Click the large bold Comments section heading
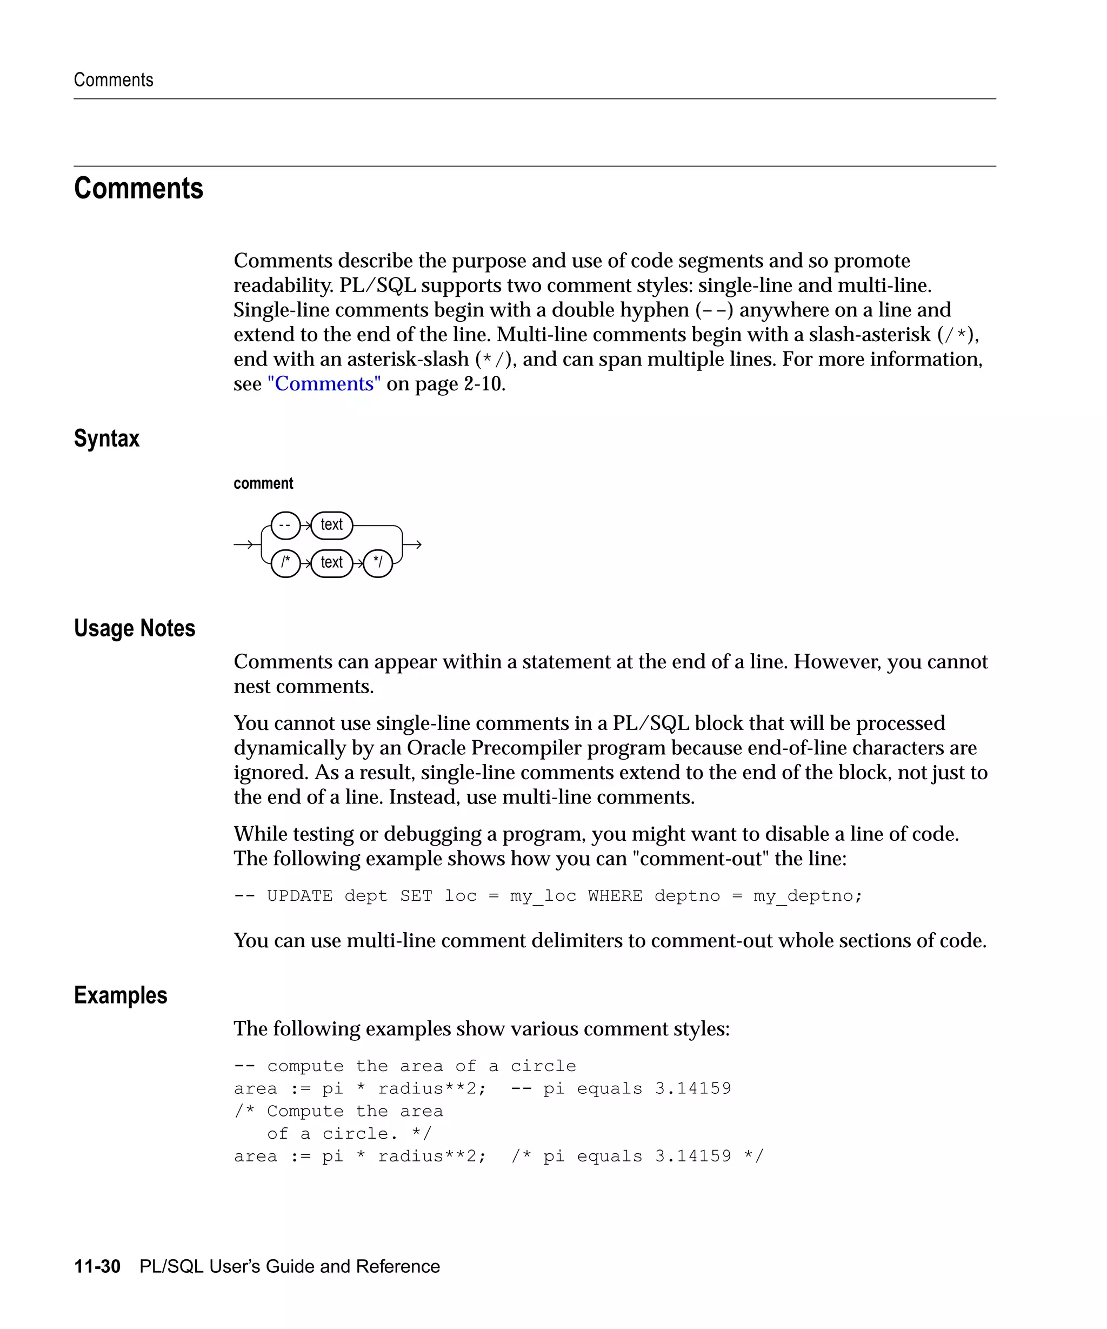[x=138, y=188]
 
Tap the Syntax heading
[x=106, y=438]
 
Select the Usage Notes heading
[x=134, y=628]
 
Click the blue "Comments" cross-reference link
[x=324, y=383]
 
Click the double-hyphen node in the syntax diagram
[x=285, y=525]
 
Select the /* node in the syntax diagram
[x=285, y=563]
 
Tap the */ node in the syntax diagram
[x=378, y=563]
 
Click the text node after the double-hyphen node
[x=331, y=525]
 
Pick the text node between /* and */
[x=331, y=563]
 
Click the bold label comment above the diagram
[x=263, y=483]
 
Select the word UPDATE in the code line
[x=299, y=895]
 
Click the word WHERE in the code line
[x=615, y=895]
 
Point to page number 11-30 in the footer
[x=97, y=1266]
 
